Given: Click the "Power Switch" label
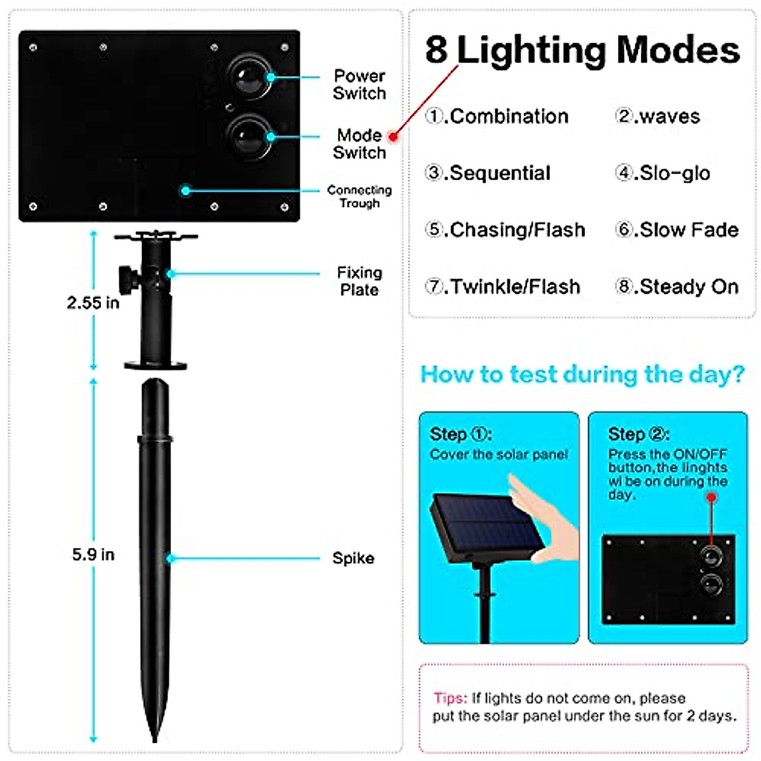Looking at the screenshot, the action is (359, 84).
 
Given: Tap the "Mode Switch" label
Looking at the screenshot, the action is (359, 144).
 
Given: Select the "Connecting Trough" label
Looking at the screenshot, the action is (359, 197).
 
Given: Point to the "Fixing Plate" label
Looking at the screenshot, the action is (359, 281).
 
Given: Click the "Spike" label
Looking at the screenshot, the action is (353, 558).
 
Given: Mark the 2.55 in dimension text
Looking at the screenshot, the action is (93, 303).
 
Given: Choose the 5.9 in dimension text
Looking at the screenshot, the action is (93, 555).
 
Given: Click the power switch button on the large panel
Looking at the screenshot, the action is (249, 77).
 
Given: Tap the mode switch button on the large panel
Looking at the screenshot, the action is (249, 136).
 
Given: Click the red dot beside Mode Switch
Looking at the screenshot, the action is (393, 136).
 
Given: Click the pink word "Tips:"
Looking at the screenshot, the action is (450, 698).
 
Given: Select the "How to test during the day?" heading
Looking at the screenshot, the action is (582, 374).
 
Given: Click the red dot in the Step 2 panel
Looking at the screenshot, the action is (711, 497).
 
